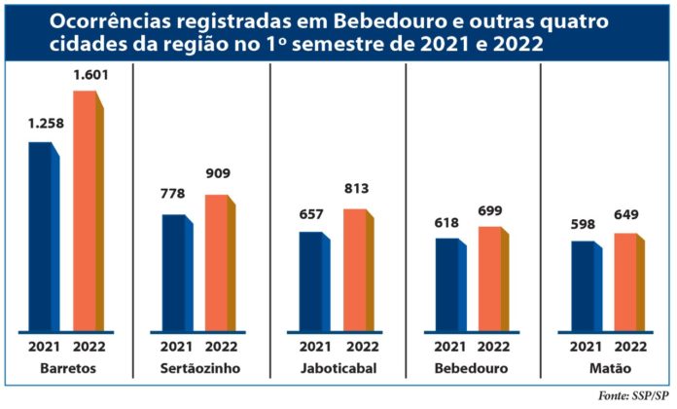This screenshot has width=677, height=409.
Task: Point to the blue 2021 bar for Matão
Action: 583,286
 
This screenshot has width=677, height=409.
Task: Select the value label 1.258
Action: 45,126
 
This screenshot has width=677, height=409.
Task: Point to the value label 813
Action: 355,189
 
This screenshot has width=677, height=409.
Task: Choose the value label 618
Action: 447,222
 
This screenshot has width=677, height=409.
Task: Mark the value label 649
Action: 625,217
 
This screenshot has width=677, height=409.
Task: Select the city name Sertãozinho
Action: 199,368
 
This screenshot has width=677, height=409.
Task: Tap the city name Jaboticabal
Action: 335,368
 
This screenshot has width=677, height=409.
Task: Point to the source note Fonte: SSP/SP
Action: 633,395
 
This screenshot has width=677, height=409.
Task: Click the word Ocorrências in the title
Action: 107,20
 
